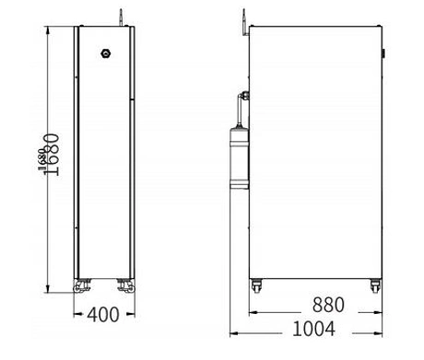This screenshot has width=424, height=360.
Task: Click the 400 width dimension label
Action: (x=103, y=314)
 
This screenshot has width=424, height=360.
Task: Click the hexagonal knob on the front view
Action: (x=105, y=52)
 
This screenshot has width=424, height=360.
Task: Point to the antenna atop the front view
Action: (x=119, y=17)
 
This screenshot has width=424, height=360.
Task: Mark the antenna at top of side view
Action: (x=242, y=17)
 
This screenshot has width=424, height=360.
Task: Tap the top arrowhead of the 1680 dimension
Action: (x=45, y=29)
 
